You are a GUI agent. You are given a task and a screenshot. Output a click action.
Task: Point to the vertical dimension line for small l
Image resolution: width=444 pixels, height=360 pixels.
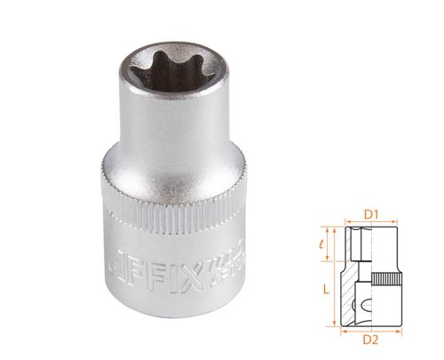point(337,241)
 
